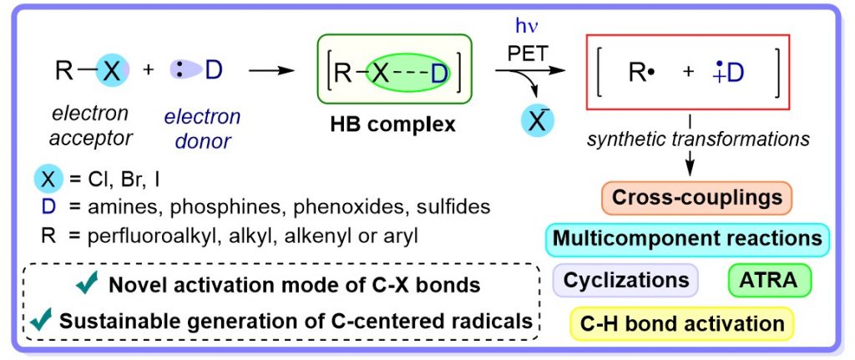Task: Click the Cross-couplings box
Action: (696, 198)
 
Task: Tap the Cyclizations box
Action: (625, 281)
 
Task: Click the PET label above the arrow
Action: (529, 53)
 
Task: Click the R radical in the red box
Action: (640, 73)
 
